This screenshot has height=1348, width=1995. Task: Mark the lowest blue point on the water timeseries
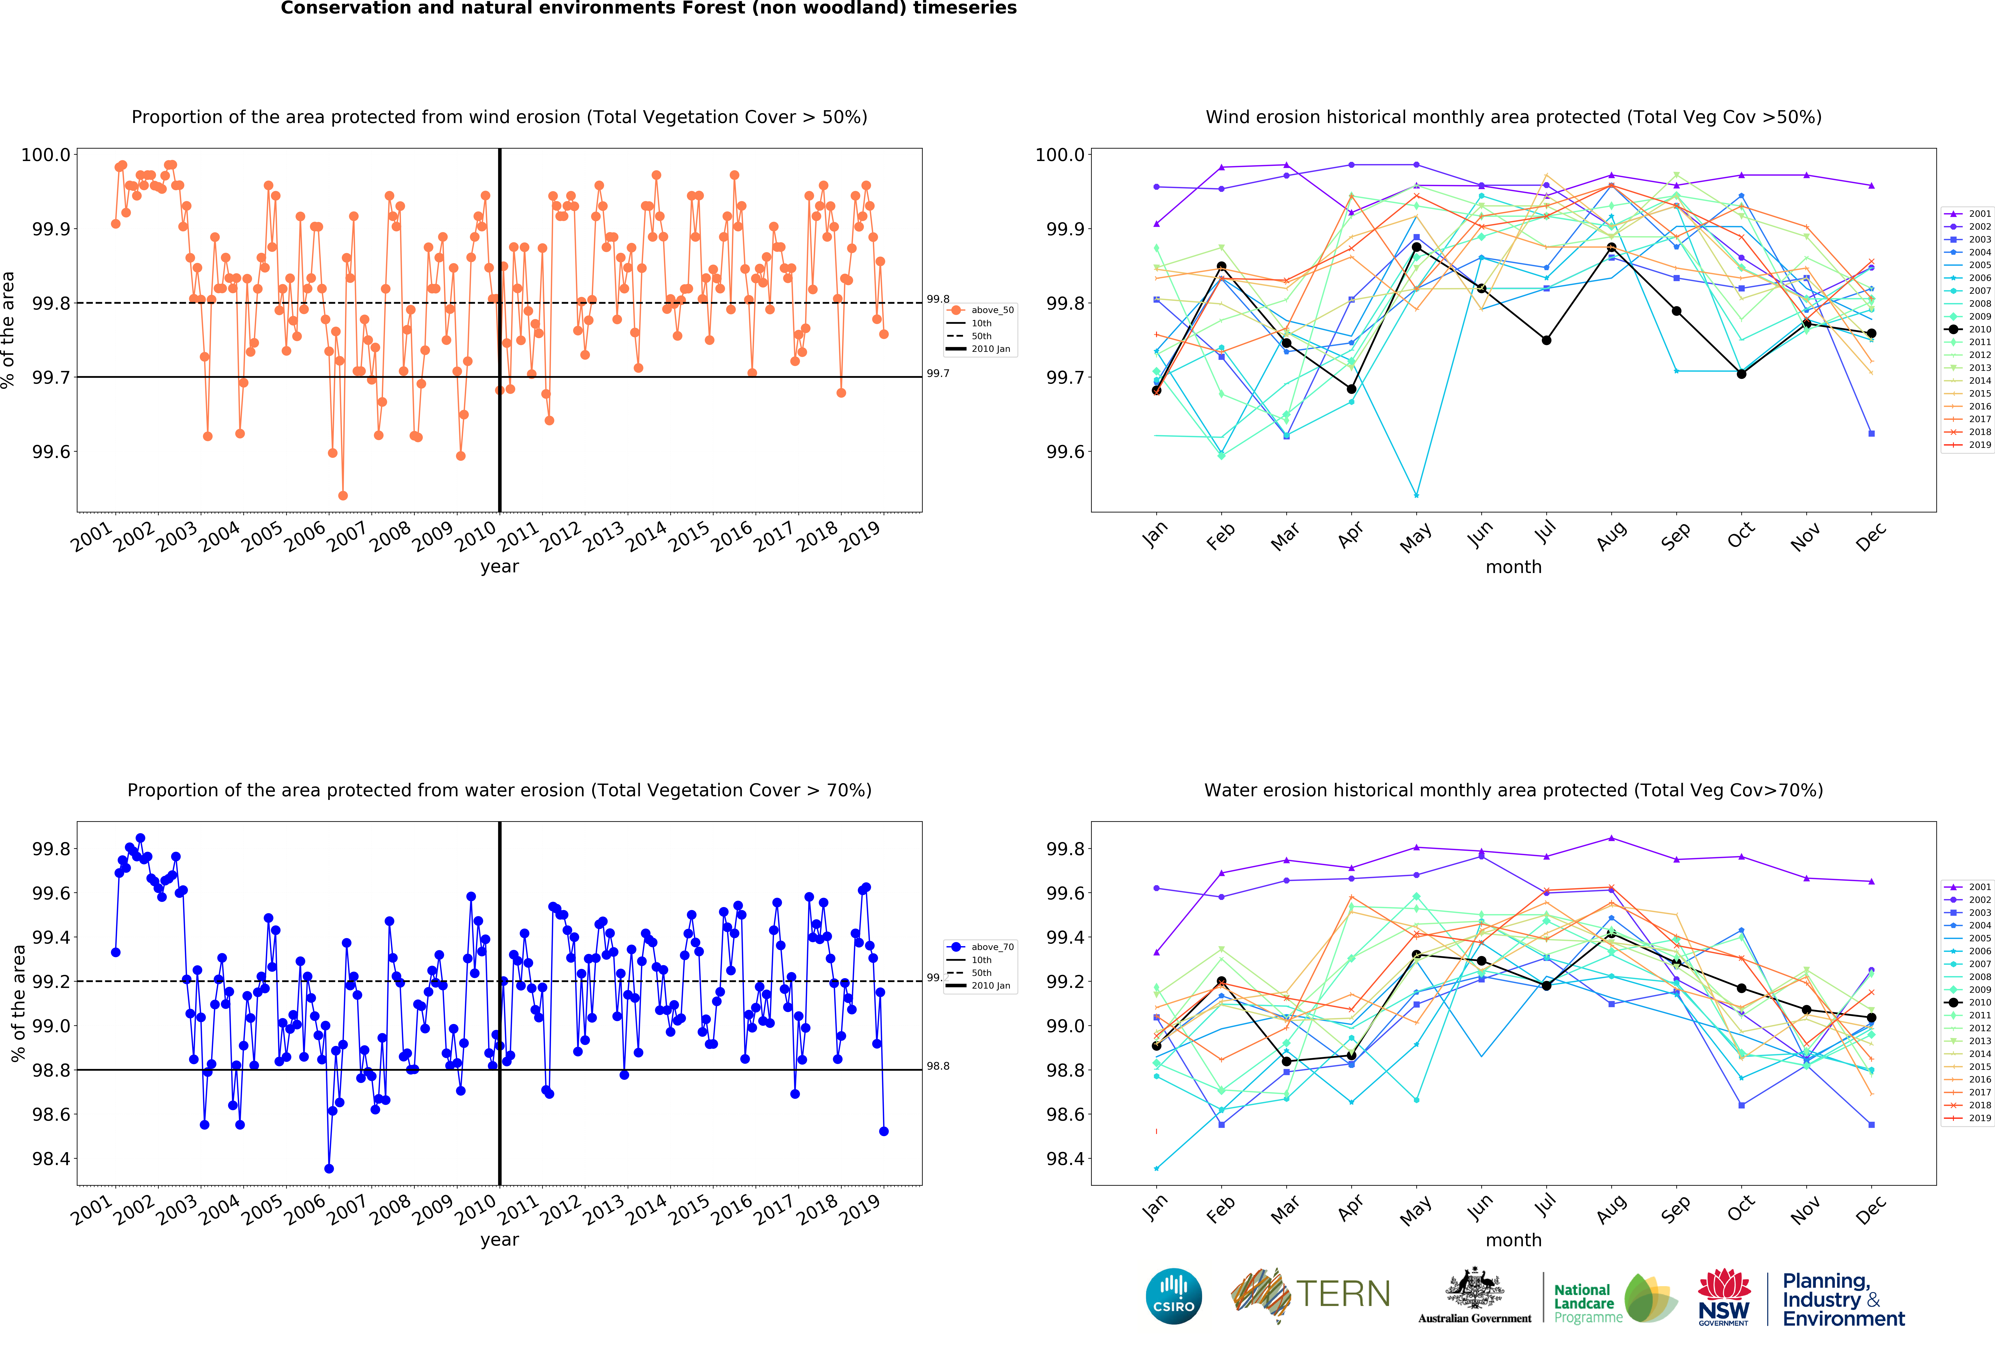pyautogui.click(x=329, y=1169)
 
